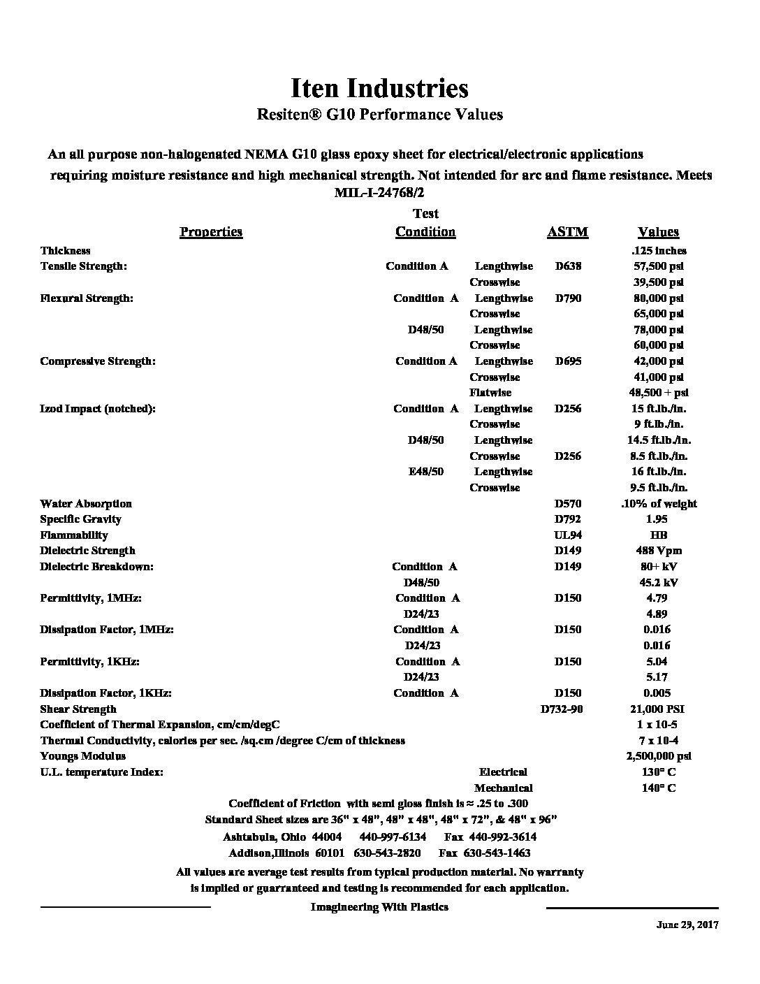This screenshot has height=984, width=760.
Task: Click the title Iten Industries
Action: click(x=379, y=89)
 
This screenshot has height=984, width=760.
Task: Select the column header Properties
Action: click(x=211, y=232)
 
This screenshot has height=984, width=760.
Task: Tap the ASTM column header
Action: click(x=567, y=232)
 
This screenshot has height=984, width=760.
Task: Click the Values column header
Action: click(x=658, y=232)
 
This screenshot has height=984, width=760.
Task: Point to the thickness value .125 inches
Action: click(x=658, y=251)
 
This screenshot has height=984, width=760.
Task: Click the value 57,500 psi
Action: click(x=658, y=266)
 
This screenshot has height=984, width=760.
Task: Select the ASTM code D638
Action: click(x=567, y=266)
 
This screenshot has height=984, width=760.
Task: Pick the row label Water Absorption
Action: click(x=86, y=504)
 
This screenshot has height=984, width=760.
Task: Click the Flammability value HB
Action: click(x=658, y=535)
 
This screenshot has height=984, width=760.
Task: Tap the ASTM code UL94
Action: click(x=567, y=535)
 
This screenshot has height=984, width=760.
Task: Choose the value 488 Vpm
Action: click(x=658, y=551)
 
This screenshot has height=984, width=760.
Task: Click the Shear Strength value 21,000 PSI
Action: click(x=658, y=709)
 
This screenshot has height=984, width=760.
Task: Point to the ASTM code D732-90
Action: click(x=562, y=709)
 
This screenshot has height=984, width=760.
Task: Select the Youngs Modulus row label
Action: click(x=83, y=756)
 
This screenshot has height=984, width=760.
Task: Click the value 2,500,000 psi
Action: click(x=658, y=756)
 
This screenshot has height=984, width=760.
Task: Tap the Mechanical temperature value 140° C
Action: click(x=658, y=788)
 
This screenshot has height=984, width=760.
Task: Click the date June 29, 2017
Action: click(x=687, y=925)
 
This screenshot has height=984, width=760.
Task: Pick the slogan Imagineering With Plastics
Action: click(x=379, y=907)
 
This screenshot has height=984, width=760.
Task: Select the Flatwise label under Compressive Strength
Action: click(x=490, y=393)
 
